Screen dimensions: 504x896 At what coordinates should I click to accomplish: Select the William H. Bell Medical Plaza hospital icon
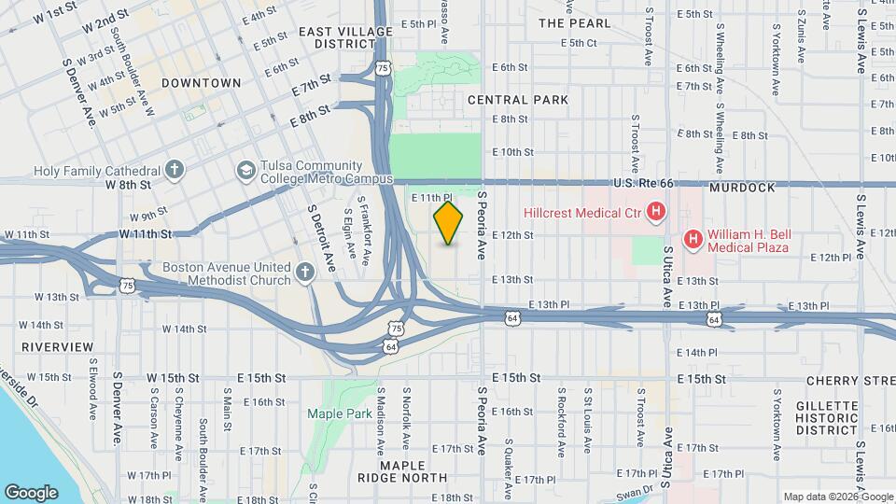[x=693, y=240]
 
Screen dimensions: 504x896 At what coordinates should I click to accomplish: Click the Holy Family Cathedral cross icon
[x=174, y=171]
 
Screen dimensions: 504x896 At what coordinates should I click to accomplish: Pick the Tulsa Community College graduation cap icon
[x=245, y=171]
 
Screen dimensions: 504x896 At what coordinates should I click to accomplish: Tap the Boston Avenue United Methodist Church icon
[x=304, y=273]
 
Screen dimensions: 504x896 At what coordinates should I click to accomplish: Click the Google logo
[x=31, y=492]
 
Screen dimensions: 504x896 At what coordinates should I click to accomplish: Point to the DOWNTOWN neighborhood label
[x=202, y=83]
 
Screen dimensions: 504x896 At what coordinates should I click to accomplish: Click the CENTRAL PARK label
[x=518, y=99]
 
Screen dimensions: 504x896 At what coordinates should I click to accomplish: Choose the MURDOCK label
[x=742, y=188]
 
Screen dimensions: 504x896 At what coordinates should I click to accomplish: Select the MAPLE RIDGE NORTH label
[x=402, y=470]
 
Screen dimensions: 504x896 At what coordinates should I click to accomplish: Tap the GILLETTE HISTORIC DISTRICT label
[x=827, y=417]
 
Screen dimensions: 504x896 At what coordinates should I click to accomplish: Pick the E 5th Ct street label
[x=579, y=43]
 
